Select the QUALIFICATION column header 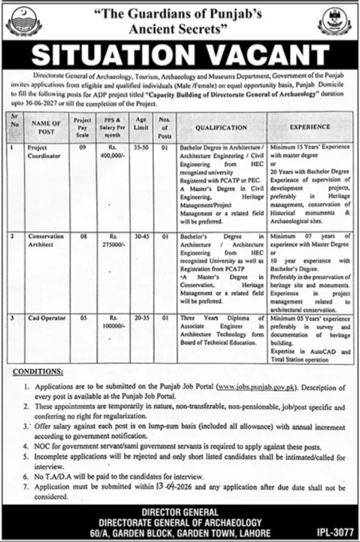[x=221, y=128]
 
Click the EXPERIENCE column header [x=310, y=127]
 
